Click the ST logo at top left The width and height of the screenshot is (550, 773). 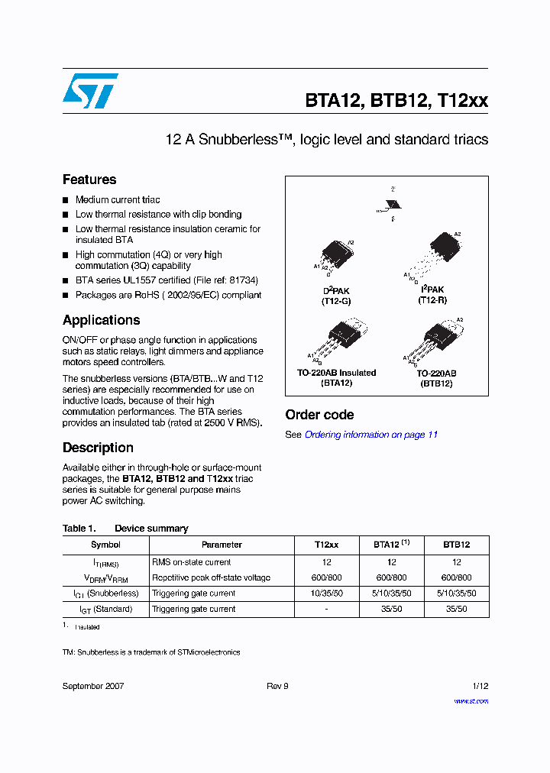click(x=90, y=91)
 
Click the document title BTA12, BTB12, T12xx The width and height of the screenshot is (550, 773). click(x=396, y=100)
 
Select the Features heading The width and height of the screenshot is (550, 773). click(x=89, y=180)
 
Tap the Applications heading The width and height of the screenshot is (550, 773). click(x=101, y=320)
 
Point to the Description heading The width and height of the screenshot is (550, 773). click(x=98, y=448)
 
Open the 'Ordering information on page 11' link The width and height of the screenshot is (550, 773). click(x=371, y=435)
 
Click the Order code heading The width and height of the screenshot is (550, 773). click(x=319, y=415)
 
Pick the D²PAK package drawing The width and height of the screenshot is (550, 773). click(x=337, y=251)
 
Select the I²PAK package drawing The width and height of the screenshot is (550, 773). click(x=439, y=249)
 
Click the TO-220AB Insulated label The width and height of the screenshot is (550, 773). click(x=336, y=373)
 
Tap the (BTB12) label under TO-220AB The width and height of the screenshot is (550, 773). click(x=435, y=383)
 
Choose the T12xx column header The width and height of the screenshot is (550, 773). click(x=326, y=545)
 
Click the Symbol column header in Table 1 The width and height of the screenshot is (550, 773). click(x=105, y=545)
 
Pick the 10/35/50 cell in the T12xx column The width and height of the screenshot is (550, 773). click(x=326, y=593)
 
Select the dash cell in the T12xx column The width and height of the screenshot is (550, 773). click(x=326, y=610)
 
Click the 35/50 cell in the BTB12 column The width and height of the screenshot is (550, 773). click(x=456, y=610)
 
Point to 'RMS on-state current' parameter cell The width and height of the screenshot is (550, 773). click(x=191, y=562)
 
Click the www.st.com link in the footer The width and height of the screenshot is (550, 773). click(x=471, y=700)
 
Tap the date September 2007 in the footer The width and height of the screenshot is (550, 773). click(x=93, y=686)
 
